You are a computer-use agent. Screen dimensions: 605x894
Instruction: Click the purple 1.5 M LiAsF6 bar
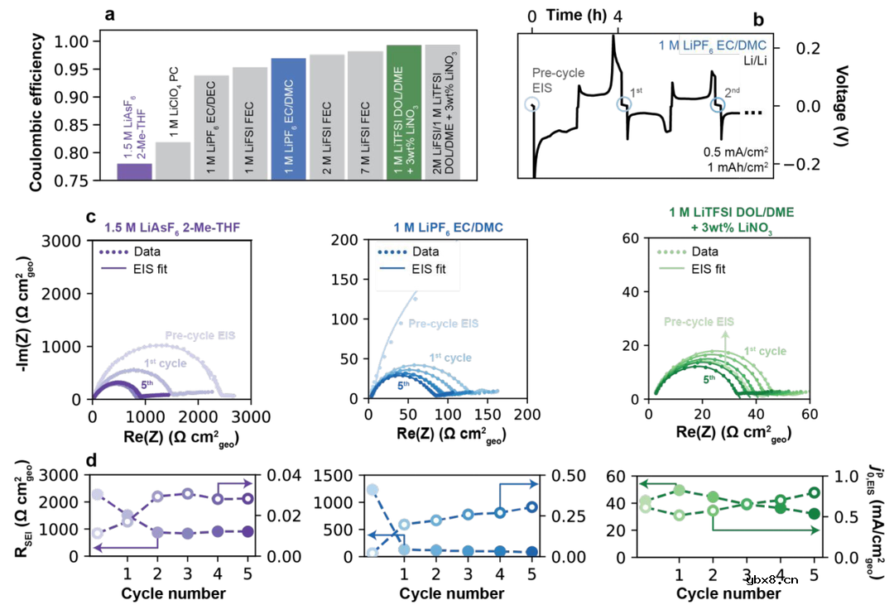pyautogui.click(x=133, y=171)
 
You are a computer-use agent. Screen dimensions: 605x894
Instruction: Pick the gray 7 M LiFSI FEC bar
pyautogui.click(x=365, y=115)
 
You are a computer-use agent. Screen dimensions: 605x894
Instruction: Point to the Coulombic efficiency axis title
pyautogui.click(x=36, y=108)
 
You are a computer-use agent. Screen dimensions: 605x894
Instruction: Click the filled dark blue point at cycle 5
pyautogui.click(x=531, y=551)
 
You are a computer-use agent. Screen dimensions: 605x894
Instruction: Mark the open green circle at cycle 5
pyautogui.click(x=815, y=492)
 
